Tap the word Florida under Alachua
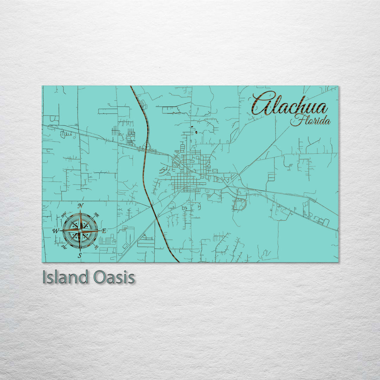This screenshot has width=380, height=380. [x=310, y=121]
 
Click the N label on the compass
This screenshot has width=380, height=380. [x=81, y=206]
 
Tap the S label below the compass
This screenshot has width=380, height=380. [x=80, y=256]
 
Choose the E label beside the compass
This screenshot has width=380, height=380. [x=103, y=231]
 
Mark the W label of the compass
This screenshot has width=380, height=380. [x=56, y=231]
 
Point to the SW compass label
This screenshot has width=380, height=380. [x=64, y=247]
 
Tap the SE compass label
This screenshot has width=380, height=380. [x=96, y=247]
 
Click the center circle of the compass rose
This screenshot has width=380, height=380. [x=80, y=230]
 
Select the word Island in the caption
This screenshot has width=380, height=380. [x=63, y=277]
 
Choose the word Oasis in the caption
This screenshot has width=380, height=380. [x=114, y=277]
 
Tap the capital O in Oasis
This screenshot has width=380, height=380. [x=100, y=277]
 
